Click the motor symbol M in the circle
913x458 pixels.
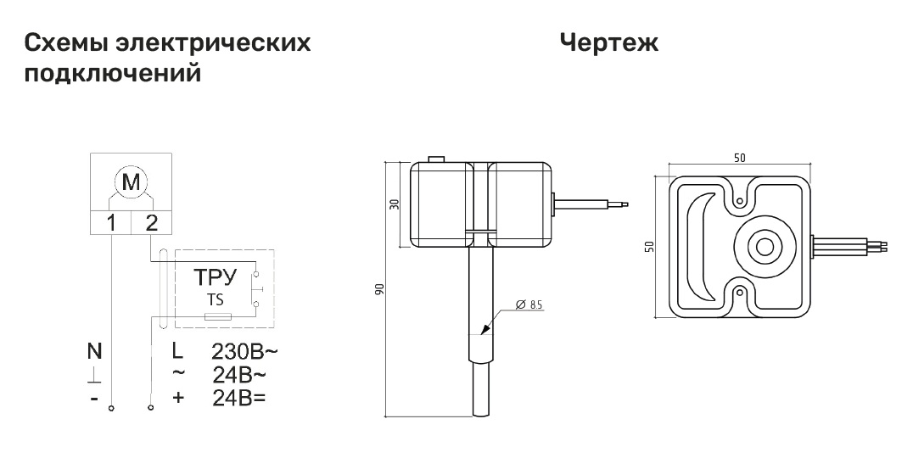(132, 182)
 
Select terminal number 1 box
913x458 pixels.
(111, 223)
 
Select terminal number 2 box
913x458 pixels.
(152, 223)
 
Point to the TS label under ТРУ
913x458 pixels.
(215, 300)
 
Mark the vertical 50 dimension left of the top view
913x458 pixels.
(650, 246)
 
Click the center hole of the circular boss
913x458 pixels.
(764, 247)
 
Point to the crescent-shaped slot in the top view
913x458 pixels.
(703, 246)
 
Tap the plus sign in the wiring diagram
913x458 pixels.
(177, 396)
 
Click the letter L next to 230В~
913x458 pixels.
(177, 350)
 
